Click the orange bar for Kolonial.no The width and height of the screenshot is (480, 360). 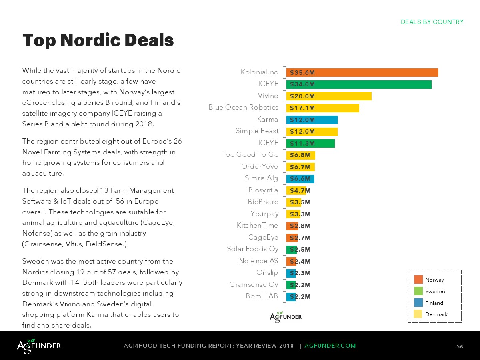[x=362, y=72]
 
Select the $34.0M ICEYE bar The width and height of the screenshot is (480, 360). [x=359, y=84]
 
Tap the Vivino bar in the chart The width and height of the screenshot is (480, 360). [x=329, y=96]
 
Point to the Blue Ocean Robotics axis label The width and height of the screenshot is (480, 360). [x=243, y=107]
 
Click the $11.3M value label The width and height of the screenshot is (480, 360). [x=302, y=143]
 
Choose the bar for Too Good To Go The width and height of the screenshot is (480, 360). [x=300, y=155]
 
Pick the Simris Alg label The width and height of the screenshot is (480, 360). [x=261, y=178]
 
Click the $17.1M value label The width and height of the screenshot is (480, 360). [x=302, y=108]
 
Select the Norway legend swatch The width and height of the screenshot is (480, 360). [x=418, y=280]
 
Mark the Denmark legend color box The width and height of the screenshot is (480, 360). [x=418, y=314]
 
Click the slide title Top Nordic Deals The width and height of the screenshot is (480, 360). [x=98, y=40]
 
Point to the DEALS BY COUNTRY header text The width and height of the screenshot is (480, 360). [x=432, y=22]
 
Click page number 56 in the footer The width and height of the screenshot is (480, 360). [x=460, y=346]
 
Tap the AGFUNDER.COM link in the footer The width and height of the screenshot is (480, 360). [x=330, y=346]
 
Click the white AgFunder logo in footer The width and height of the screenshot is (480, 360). [x=39, y=346]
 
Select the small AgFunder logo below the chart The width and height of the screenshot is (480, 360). [x=286, y=317]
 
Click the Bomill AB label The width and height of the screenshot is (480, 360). [x=262, y=296]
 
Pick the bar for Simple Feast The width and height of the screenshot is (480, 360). [x=312, y=132]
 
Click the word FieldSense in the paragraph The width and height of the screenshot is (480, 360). [x=107, y=244]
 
